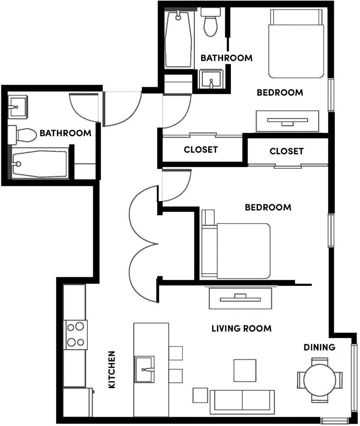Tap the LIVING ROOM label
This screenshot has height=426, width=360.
point(242,328)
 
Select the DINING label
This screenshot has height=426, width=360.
point(319,347)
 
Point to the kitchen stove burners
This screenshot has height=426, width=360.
point(75,335)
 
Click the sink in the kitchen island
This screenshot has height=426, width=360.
point(144,369)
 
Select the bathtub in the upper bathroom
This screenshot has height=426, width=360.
point(179,39)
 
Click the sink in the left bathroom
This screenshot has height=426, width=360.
point(17,107)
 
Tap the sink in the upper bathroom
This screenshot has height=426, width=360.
point(211,79)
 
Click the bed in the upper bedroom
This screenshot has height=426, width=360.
point(296,44)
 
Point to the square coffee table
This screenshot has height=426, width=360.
point(245,370)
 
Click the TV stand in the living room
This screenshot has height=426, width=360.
point(240,299)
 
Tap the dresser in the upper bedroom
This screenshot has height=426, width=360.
point(288,121)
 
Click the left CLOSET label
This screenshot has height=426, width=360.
point(201,150)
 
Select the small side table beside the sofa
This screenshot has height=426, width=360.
point(200,395)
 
